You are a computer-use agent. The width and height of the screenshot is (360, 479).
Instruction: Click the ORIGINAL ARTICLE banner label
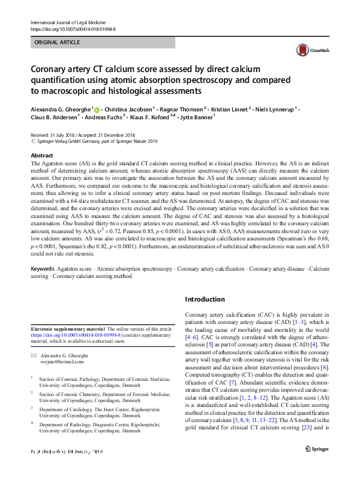click(56, 42)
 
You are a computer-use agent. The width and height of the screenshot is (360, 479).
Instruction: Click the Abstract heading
click(42, 156)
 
